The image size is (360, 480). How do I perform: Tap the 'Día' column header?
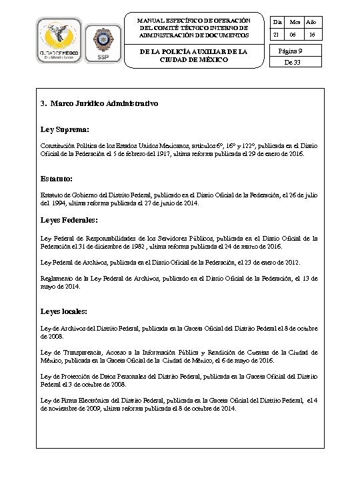click(x=277, y=23)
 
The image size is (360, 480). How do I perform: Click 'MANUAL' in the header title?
click(x=150, y=20)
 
